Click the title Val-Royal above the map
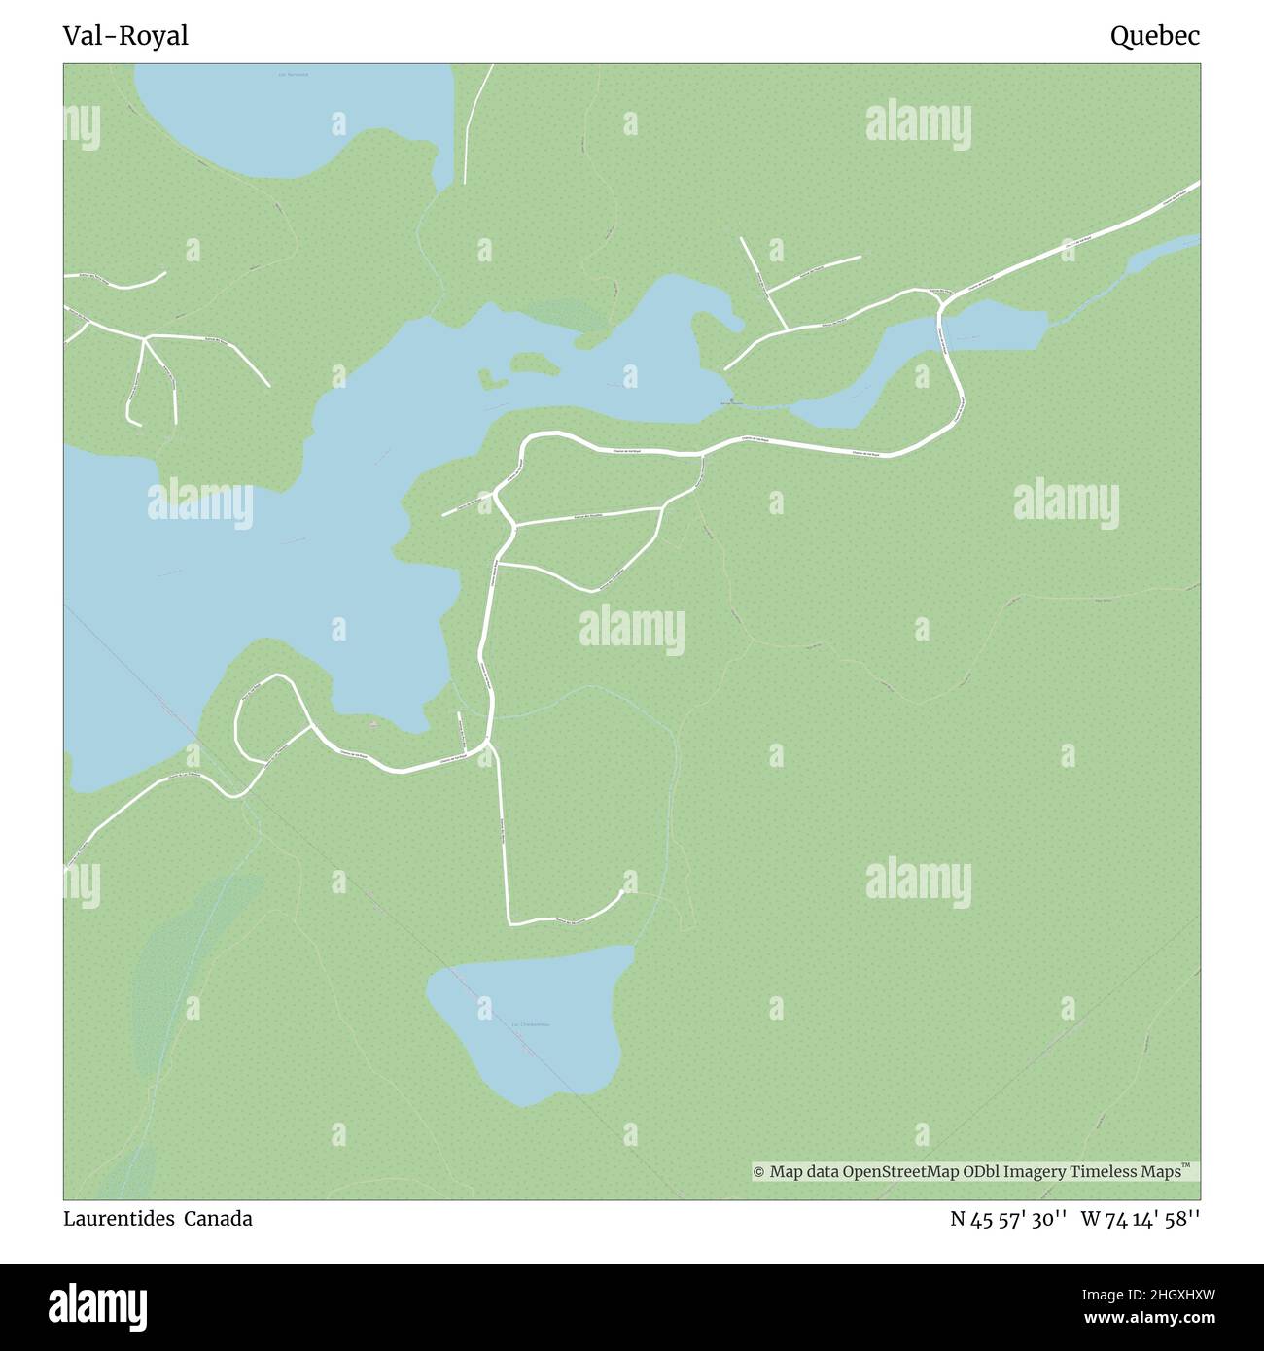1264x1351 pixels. click(x=125, y=36)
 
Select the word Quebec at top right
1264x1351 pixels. click(x=1155, y=36)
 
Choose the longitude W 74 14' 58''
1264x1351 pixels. click(x=1140, y=1219)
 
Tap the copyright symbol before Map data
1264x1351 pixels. click(x=759, y=1172)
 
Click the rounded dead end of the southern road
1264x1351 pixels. click(x=622, y=893)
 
